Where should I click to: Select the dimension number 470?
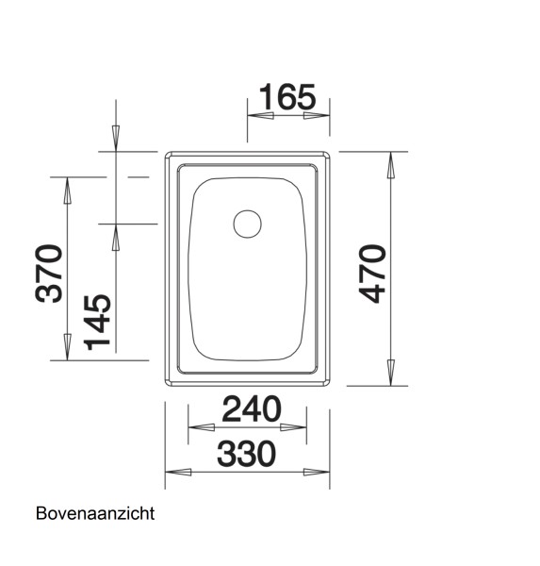[x=372, y=274]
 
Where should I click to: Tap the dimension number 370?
[x=49, y=274]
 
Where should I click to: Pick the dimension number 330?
[x=246, y=454]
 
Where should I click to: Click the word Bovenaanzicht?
[x=94, y=514]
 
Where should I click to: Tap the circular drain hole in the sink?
[x=248, y=225]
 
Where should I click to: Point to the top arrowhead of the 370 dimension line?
[x=67, y=190]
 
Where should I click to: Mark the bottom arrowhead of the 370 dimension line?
[x=67, y=348]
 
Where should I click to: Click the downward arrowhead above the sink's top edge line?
[x=115, y=137]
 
